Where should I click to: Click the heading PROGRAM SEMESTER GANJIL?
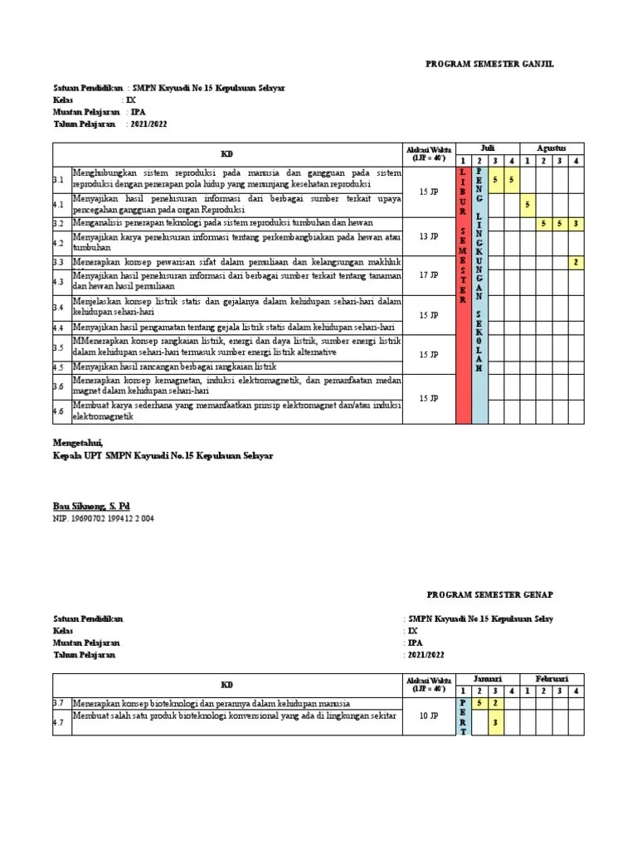click(x=489, y=63)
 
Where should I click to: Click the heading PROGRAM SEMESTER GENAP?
click(x=489, y=594)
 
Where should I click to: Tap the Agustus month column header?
click(x=552, y=148)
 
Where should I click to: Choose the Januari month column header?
click(x=488, y=678)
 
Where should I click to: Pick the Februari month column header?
click(x=552, y=678)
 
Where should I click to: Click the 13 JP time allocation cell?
click(x=429, y=236)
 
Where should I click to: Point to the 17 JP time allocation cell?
click(x=429, y=274)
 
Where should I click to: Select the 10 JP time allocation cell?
click(x=429, y=716)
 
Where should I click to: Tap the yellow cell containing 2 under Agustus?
click(x=576, y=262)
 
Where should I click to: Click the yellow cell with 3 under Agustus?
click(x=576, y=224)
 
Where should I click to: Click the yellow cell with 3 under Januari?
click(x=495, y=722)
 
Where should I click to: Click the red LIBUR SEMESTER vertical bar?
click(x=464, y=294)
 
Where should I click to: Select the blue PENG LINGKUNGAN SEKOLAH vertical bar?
click(x=479, y=294)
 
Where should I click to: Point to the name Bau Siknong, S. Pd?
click(x=91, y=505)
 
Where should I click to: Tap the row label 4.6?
click(x=58, y=410)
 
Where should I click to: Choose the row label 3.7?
click(x=58, y=703)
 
